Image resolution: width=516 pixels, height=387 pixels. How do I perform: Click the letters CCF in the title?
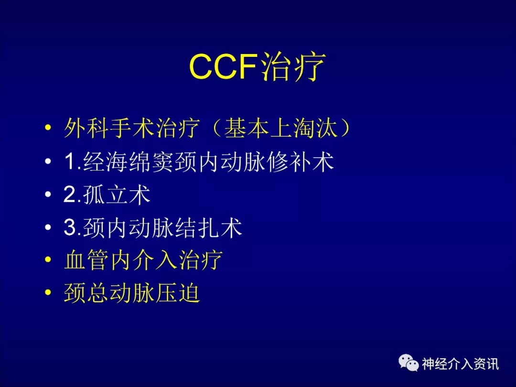(x=223, y=66)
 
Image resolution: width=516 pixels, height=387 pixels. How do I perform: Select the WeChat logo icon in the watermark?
(x=408, y=363)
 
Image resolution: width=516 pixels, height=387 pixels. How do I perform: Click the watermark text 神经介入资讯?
(x=461, y=364)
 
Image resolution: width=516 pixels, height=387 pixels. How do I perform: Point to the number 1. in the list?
(x=73, y=161)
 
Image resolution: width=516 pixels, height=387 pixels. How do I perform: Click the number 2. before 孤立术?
(x=73, y=194)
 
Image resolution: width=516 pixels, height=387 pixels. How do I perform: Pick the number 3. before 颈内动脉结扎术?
(x=73, y=227)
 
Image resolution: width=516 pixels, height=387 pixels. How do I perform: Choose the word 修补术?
(x=301, y=161)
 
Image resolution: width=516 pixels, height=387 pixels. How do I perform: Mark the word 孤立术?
(x=117, y=194)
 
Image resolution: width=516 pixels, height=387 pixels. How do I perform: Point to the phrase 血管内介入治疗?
(x=143, y=260)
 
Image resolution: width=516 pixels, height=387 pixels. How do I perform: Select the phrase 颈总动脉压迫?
(x=132, y=292)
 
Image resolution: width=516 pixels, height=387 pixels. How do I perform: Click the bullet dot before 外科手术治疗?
(x=48, y=128)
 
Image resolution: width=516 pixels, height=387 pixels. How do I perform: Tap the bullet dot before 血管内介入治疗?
(x=48, y=260)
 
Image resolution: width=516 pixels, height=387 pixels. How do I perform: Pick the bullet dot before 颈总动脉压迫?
(x=48, y=292)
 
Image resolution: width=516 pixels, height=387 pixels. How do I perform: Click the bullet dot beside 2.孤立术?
(x=48, y=194)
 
